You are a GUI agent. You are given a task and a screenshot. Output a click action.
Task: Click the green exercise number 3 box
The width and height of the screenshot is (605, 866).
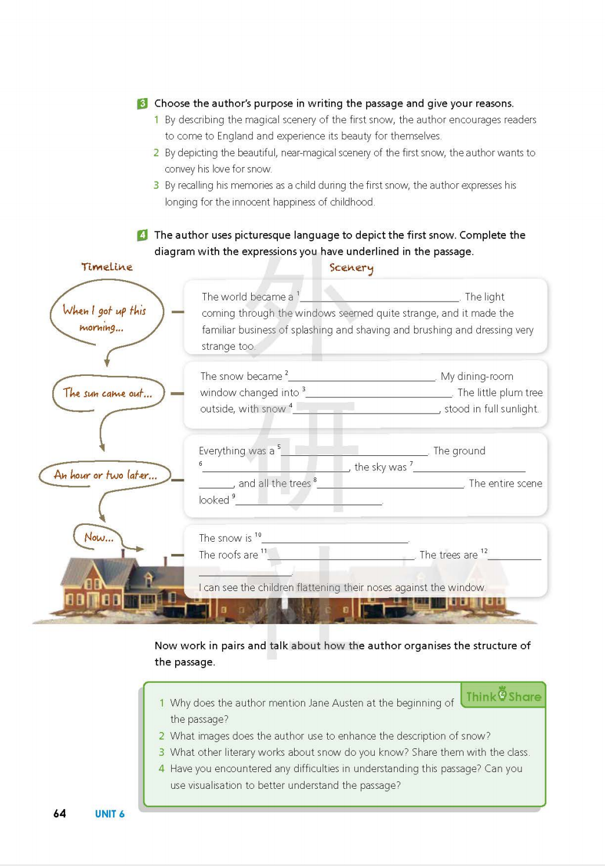[142, 104]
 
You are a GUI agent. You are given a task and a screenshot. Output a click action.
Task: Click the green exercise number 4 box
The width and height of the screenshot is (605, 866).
[142, 235]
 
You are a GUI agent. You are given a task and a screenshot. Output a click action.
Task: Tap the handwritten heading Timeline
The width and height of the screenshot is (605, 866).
[107, 267]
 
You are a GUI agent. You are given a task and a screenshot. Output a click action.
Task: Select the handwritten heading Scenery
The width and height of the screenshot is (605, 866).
[352, 267]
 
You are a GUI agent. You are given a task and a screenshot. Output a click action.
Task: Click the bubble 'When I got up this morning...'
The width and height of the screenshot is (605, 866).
[105, 318]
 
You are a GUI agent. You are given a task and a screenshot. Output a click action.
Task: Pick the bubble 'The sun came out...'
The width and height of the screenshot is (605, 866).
[107, 393]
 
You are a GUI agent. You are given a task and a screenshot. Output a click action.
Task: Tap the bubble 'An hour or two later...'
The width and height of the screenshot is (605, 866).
[105, 475]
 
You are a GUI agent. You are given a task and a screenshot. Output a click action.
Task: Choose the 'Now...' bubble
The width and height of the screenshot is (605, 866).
[98, 537]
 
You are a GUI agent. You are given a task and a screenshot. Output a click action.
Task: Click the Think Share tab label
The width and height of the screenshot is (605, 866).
[503, 696]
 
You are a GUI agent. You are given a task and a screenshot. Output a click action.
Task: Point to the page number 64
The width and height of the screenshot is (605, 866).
[60, 814]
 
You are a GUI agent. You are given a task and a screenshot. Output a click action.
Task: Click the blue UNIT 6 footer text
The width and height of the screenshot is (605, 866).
[110, 814]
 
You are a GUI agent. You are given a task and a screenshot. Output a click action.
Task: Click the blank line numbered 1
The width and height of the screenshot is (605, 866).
[379, 298]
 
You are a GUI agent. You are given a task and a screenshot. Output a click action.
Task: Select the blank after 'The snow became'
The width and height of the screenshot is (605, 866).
[362, 377]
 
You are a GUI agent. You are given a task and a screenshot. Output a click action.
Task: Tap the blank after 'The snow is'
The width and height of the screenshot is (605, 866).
[335, 539]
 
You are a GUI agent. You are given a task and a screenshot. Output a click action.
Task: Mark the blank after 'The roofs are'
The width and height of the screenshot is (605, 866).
[341, 556]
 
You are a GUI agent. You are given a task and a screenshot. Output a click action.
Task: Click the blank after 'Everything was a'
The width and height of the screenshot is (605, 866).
[354, 451]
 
